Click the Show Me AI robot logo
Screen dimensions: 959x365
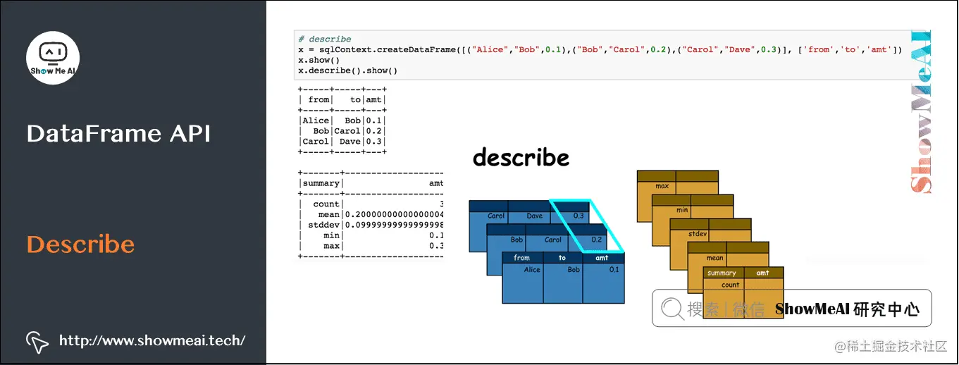tap(53, 57)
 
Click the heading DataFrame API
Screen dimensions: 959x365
tap(118, 133)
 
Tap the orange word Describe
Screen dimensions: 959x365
tap(80, 245)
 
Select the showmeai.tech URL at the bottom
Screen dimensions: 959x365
tap(152, 340)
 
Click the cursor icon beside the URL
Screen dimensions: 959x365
tap(37, 341)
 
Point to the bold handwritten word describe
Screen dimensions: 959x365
tap(521, 157)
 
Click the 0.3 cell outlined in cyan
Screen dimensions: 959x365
tap(579, 216)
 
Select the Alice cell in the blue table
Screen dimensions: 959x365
tap(532, 270)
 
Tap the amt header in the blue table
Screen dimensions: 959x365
tap(602, 258)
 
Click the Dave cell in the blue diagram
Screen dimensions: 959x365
tap(535, 216)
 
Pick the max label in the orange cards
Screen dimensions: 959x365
tap(662, 187)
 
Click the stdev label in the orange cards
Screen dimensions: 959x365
tap(698, 234)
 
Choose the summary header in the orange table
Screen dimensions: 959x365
tap(722, 273)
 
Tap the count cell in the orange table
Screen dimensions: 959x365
tap(731, 285)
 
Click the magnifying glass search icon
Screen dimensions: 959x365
tap(672, 308)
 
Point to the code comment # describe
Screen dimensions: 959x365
tap(324, 39)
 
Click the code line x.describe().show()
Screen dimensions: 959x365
tap(348, 70)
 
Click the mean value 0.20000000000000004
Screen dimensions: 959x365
tap(393, 214)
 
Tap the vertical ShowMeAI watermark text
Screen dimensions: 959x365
tap(922, 113)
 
